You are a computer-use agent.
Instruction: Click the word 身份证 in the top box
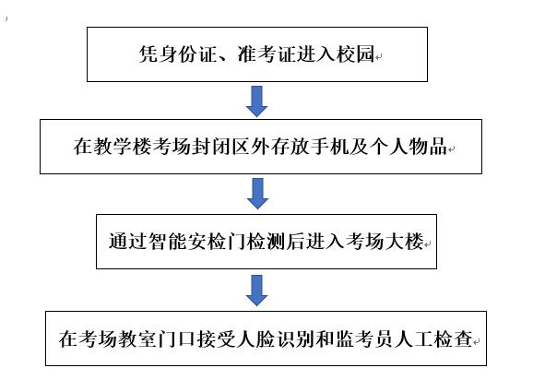[x=187, y=53]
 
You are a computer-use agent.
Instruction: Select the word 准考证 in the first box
[x=266, y=53]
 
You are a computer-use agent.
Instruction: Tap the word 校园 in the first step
[x=355, y=53]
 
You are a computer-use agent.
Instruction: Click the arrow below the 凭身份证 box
[x=256, y=101]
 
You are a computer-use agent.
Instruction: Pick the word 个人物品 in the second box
[x=409, y=146]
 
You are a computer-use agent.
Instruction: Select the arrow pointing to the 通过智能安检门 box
[x=257, y=194]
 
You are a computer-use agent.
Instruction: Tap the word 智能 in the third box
[x=168, y=242]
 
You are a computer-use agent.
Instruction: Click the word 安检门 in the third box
[x=217, y=242]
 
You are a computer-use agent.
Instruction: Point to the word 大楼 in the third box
[x=404, y=242]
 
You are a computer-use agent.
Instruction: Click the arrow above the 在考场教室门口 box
[x=256, y=291]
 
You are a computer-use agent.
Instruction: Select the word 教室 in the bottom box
[x=137, y=338]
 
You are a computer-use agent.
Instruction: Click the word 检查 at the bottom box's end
[x=453, y=338]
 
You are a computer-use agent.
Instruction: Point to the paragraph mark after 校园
[x=378, y=57]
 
